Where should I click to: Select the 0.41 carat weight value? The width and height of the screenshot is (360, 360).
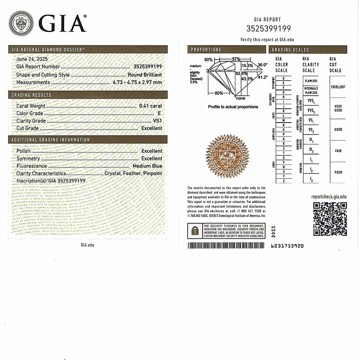coord(150,106)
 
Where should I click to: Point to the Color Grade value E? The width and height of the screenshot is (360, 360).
coord(159,113)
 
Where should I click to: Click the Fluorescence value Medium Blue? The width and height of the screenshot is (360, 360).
coord(147,166)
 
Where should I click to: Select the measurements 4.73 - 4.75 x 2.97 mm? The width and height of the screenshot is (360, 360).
coord(137,82)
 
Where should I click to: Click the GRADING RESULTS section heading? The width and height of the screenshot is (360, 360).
coord(31,95)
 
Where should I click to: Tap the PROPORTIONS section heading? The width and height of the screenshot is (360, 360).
coord(206,50)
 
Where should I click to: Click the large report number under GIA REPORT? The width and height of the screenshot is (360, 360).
coord(268,28)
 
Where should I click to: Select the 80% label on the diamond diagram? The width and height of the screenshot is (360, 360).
coord(219,93)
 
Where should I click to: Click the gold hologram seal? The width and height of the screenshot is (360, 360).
coord(227,156)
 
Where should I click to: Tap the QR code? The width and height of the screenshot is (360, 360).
coord(330,219)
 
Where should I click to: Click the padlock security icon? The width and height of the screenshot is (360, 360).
coord(195,231)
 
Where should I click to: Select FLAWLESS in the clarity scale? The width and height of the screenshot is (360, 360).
coord(311,81)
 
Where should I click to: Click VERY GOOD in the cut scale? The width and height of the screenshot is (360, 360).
coord(338,108)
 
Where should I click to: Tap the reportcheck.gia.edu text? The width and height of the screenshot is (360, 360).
coord(329,197)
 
